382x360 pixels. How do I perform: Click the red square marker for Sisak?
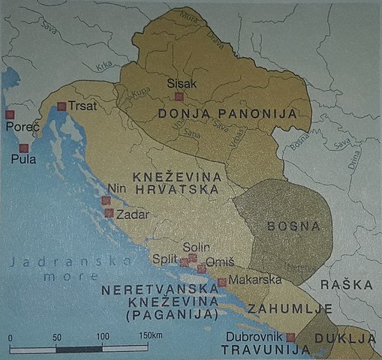coord(179,96)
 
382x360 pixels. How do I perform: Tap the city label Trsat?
coord(82,106)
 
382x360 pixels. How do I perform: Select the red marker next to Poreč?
coord(10,114)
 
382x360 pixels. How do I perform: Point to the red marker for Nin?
coord(106,200)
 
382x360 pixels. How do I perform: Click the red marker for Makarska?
coord(221,282)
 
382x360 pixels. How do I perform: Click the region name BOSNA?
coord(288,225)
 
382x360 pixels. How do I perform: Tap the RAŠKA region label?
coord(342,285)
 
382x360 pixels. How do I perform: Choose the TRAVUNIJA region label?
coord(260,349)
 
